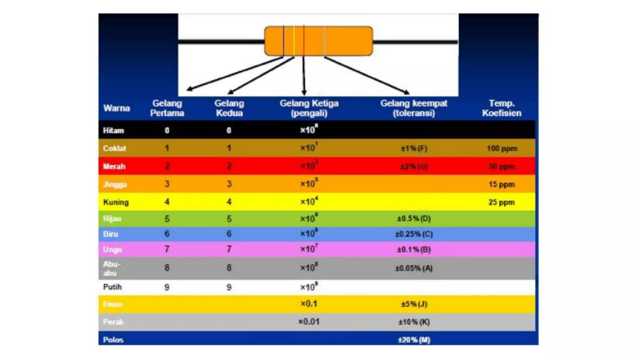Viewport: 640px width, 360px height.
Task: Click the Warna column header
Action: pyautogui.click(x=116, y=108)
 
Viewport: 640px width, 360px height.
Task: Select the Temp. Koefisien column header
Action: pyautogui.click(x=501, y=108)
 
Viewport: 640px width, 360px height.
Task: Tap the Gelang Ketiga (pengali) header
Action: pyautogui.click(x=309, y=108)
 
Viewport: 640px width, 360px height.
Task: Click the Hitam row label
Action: pyautogui.click(x=113, y=130)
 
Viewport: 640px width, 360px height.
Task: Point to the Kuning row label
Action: pyautogui.click(x=116, y=202)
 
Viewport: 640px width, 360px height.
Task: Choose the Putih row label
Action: pyautogui.click(x=112, y=287)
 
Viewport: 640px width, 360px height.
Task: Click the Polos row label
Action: pyautogui.click(x=113, y=340)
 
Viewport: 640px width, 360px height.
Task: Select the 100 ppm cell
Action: pyautogui.click(x=502, y=148)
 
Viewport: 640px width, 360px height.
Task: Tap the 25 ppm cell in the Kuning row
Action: pyautogui.click(x=501, y=202)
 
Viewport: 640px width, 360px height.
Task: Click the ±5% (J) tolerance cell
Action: pyautogui.click(x=414, y=304)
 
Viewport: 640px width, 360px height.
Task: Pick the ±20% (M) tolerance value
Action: pyautogui.click(x=414, y=340)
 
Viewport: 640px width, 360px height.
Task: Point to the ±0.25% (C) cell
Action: pyautogui.click(x=414, y=234)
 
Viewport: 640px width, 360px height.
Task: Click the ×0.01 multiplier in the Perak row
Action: pyautogui.click(x=309, y=322)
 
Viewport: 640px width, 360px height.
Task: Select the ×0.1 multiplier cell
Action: pyautogui.click(x=309, y=304)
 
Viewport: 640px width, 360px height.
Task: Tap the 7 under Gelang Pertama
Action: pyautogui.click(x=167, y=249)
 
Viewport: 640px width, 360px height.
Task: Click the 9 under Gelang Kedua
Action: pyautogui.click(x=229, y=287)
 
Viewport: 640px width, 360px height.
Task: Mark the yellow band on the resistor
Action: pyautogui.click(x=294, y=41)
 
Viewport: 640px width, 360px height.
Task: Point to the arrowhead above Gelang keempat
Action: pyautogui.click(x=407, y=92)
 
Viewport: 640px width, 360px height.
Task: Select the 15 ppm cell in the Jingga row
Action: pyautogui.click(x=501, y=184)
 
